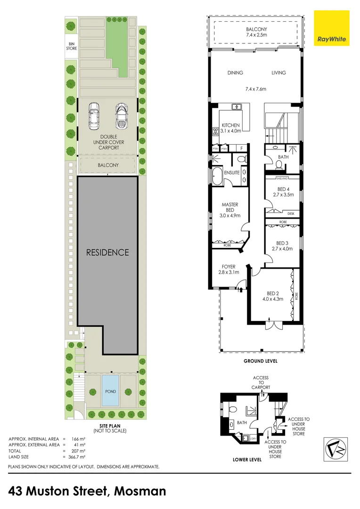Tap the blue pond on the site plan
tap(111, 391)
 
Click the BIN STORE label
tap(71, 46)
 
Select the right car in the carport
tap(122, 115)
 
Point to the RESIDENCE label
tap(107, 253)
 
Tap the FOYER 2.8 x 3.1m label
tap(228, 270)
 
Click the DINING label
tap(235, 73)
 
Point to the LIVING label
tap(278, 73)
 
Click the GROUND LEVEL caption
tap(260, 361)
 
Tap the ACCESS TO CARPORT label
tap(261, 383)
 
